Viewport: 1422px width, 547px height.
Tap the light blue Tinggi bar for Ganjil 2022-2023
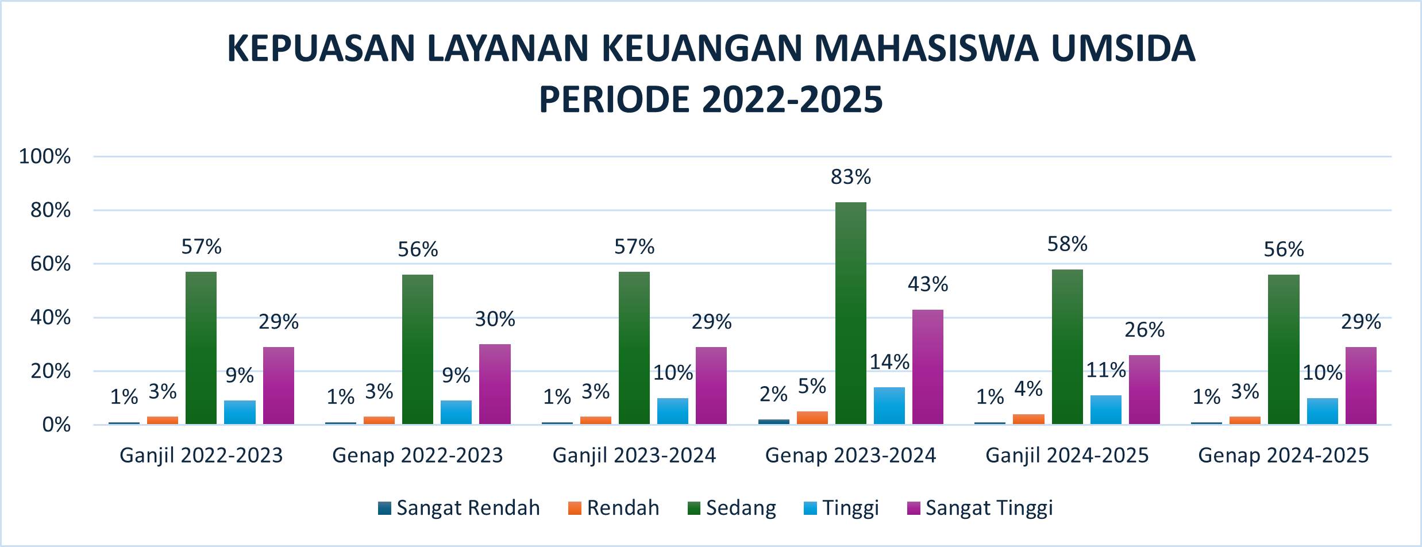(240, 412)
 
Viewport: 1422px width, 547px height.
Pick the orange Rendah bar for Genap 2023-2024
(812, 418)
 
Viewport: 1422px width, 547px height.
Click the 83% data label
(851, 178)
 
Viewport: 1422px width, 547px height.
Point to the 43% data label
(928, 284)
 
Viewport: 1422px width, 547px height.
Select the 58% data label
(1068, 245)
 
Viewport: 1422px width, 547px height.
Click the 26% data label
(1144, 330)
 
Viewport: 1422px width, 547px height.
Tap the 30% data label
(495, 319)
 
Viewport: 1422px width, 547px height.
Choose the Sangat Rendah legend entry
(459, 508)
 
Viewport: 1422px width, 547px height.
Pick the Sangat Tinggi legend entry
(980, 508)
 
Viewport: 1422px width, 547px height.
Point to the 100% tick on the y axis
(45, 156)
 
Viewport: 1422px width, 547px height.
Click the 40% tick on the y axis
(51, 317)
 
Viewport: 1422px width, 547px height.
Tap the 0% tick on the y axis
(56, 425)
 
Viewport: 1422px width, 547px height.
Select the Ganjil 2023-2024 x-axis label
(634, 456)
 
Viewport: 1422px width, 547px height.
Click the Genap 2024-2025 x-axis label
(1284, 456)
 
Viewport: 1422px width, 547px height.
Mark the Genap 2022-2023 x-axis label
(418, 456)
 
